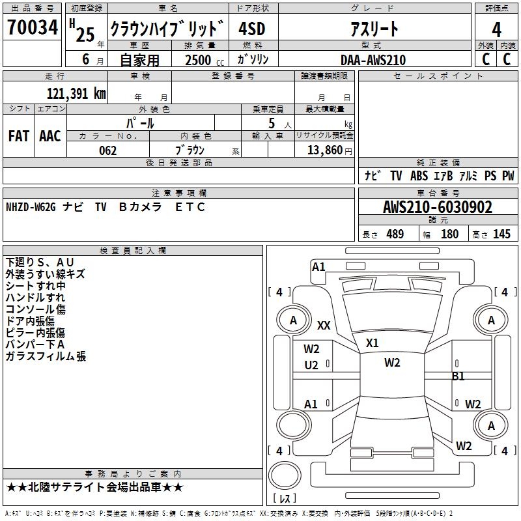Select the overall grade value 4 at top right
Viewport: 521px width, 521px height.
point(496,30)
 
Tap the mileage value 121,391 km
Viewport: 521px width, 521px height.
point(76,94)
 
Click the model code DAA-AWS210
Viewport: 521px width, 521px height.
point(373,59)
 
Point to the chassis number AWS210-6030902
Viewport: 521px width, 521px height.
point(437,208)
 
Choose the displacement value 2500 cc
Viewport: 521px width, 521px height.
point(200,60)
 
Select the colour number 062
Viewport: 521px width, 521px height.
point(107,150)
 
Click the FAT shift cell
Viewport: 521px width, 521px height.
point(19,136)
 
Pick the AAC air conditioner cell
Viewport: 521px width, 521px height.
point(50,136)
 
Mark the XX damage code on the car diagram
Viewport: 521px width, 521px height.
point(324,326)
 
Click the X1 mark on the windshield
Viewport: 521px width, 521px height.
point(373,343)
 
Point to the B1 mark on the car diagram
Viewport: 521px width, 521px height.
point(458,376)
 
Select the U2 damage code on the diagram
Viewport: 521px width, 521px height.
point(312,365)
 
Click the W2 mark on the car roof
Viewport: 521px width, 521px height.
point(392,363)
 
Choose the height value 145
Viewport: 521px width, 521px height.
point(501,234)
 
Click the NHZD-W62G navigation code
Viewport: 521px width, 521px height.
point(31,207)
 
